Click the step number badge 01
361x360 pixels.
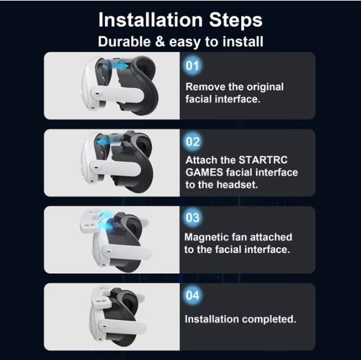coord(193,66)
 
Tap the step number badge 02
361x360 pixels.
coord(193,142)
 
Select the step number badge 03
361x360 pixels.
coord(193,218)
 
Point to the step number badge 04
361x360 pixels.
coord(193,295)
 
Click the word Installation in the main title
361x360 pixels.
coord(151,20)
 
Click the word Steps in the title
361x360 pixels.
coord(236,20)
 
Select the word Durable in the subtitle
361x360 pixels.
coord(124,42)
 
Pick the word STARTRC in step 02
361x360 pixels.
coord(263,160)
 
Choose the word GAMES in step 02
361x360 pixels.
coord(204,172)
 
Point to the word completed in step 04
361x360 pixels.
coord(269,319)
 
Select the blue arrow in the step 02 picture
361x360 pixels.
coord(105,141)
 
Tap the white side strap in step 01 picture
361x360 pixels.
coord(117,94)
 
